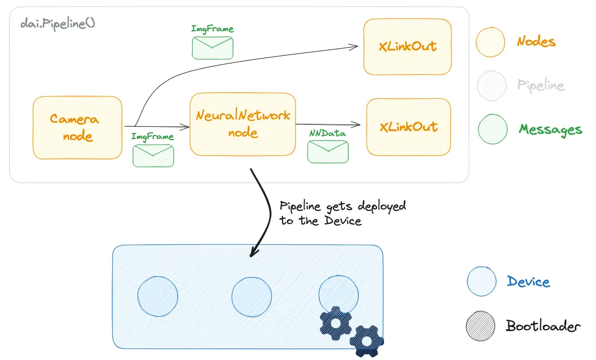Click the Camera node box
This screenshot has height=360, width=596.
(77, 127)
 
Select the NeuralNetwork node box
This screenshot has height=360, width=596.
(243, 124)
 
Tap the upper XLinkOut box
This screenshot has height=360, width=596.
(407, 47)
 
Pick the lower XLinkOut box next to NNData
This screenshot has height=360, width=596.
(408, 127)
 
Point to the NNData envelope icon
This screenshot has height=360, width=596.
(328, 152)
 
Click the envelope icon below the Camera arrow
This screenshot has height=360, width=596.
(153, 156)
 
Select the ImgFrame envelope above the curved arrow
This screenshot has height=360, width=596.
(212, 48)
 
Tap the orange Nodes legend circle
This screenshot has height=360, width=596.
(491, 41)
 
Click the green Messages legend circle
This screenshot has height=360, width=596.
(492, 129)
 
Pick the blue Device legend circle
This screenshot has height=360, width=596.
(482, 281)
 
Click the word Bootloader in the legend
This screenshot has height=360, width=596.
(543, 326)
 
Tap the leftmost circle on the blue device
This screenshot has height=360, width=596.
(158, 296)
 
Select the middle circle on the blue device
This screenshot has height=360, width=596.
(252, 296)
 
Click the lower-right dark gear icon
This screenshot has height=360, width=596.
(367, 341)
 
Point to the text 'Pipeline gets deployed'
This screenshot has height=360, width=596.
(342, 207)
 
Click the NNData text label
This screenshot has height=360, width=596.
(328, 133)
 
